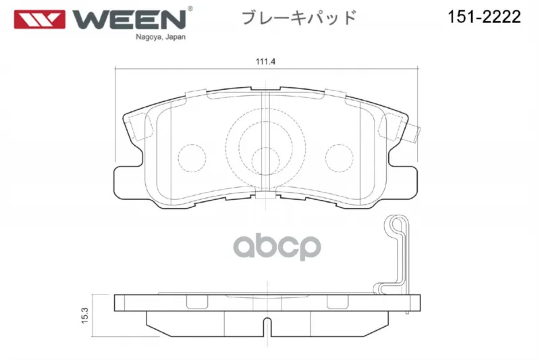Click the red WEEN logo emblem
pyautogui.click(x=40, y=20)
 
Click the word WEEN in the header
pyautogui.click(x=129, y=20)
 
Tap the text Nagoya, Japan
pyautogui.click(x=161, y=37)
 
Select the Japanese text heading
pyautogui.click(x=299, y=18)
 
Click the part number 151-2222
pyautogui.click(x=484, y=16)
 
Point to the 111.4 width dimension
pyautogui.click(x=265, y=61)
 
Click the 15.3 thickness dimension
pyautogui.click(x=85, y=315)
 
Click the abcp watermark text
pyautogui.click(x=277, y=247)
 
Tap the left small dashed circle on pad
pyautogui.click(x=192, y=158)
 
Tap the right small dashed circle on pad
pyautogui.click(x=340, y=158)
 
